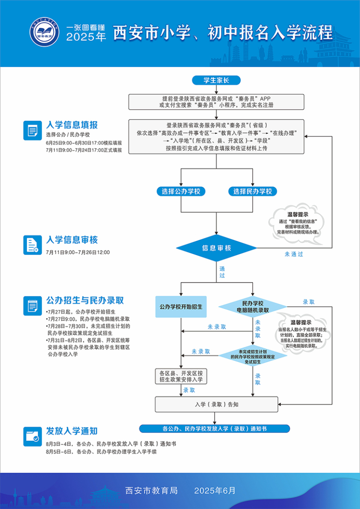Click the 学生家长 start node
click(216, 81)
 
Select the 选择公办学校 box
click(181, 191)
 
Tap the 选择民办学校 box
click(252, 191)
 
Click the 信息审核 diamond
click(216, 248)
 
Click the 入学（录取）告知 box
click(216, 404)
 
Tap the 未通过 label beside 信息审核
click(293, 254)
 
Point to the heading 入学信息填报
click(72, 125)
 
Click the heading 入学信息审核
click(72, 240)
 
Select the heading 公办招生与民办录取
click(85, 300)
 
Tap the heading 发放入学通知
click(72, 431)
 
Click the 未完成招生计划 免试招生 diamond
click(252, 356)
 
